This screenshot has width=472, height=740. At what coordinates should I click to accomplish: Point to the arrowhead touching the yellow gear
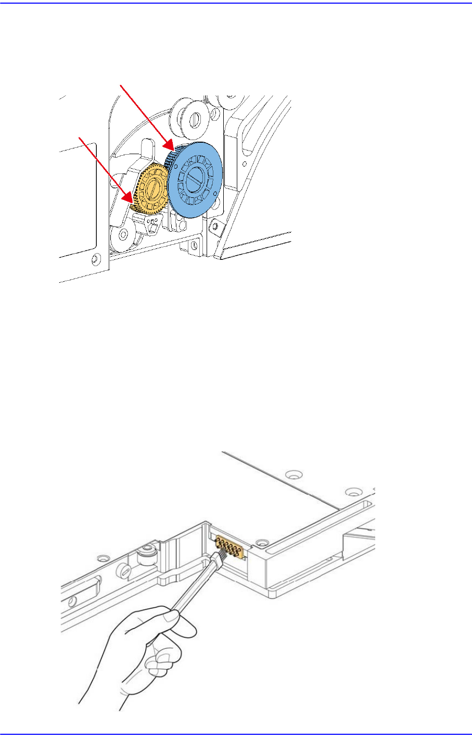pyautogui.click(x=127, y=199)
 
